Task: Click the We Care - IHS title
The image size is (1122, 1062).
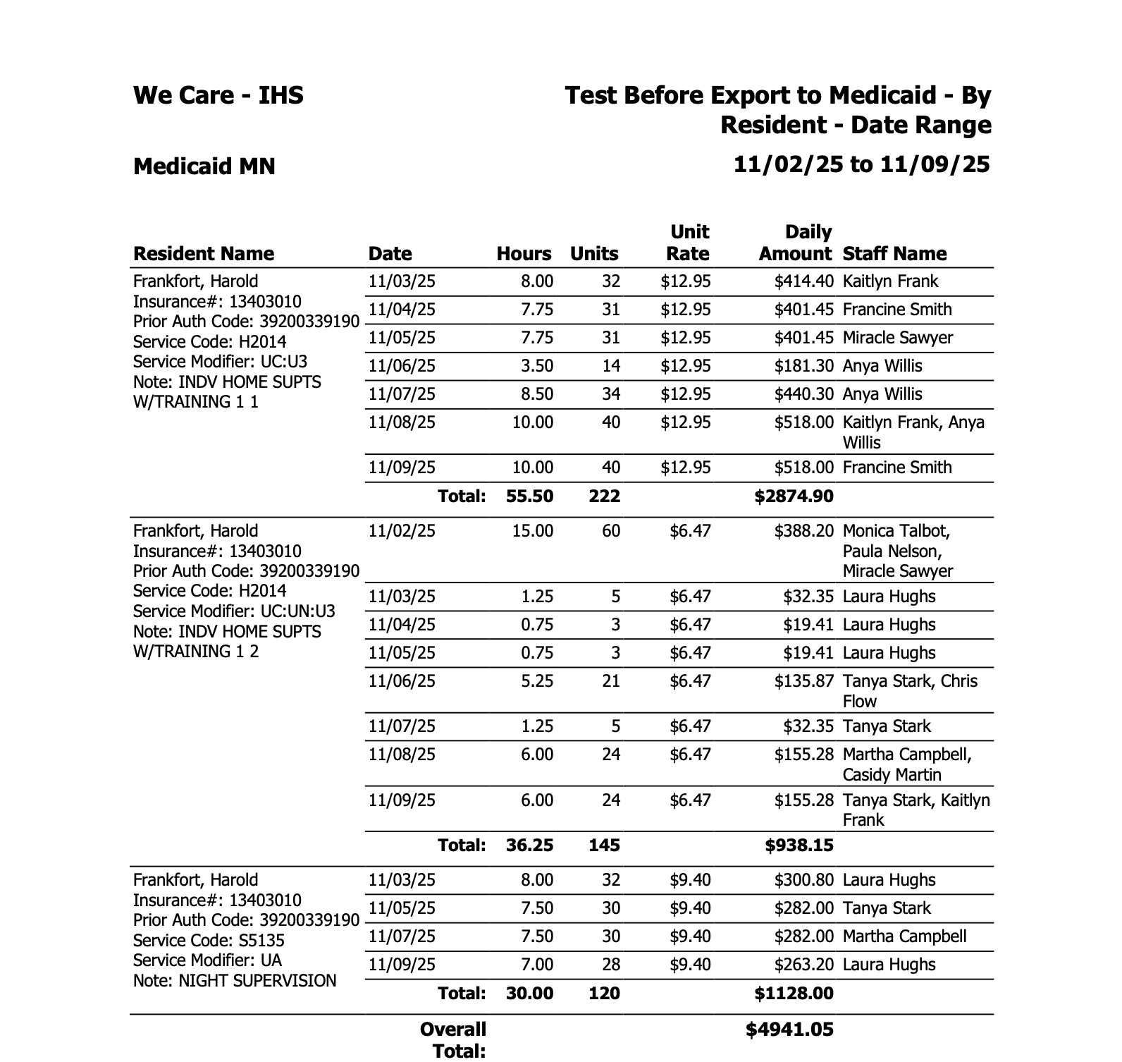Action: [218, 95]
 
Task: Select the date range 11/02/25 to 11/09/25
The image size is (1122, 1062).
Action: [861, 165]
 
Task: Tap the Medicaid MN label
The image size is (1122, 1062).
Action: [204, 166]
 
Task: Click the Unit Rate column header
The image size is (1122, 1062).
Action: [689, 243]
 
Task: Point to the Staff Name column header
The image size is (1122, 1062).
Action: [894, 254]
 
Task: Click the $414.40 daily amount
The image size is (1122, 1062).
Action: [803, 282]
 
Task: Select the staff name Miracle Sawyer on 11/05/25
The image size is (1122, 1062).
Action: [897, 338]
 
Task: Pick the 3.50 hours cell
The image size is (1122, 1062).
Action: [537, 367]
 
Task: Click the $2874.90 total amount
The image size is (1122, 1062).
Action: [794, 496]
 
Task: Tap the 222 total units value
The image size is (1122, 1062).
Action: [604, 496]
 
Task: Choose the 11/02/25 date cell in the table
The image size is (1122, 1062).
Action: [402, 531]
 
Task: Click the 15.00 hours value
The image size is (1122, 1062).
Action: [532, 531]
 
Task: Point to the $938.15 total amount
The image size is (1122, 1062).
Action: [799, 846]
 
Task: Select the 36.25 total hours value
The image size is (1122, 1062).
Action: [529, 846]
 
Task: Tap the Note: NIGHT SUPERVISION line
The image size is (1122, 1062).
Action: [234, 981]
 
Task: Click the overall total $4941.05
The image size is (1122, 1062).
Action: [789, 1030]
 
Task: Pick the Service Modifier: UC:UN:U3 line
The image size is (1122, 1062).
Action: [234, 611]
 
